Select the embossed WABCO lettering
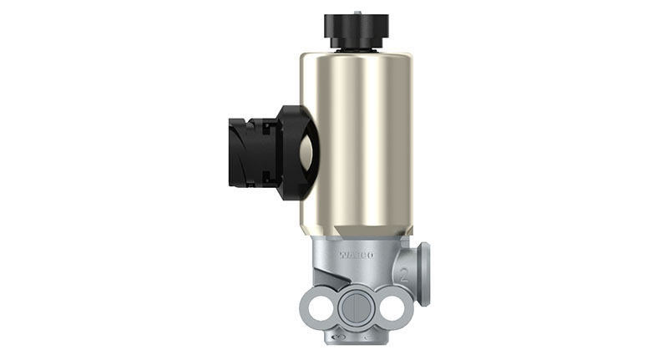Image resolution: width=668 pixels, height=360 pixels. pyautogui.click(x=355, y=254)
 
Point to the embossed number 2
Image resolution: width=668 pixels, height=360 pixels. pyautogui.click(x=404, y=273)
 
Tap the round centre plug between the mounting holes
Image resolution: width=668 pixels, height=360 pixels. pyautogui.click(x=355, y=305)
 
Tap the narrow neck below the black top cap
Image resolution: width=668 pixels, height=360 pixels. pyautogui.click(x=357, y=47)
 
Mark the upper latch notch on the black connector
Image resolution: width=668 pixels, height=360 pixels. pyautogui.click(x=266, y=127)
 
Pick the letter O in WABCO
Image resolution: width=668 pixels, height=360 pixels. pyautogui.click(x=369, y=254)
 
